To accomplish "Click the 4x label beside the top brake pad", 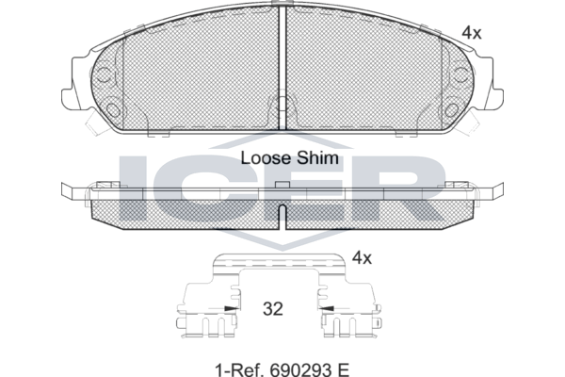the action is click(472, 33).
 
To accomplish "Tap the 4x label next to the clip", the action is click(362, 258).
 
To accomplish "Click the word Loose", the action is click(265, 158).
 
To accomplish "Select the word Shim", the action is click(317, 158).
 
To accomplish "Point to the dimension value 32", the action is click(273, 309).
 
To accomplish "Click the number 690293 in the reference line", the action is click(301, 369).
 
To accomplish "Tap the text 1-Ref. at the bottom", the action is click(240, 369).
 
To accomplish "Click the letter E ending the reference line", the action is click(344, 369).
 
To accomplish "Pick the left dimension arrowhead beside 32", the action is click(231, 308).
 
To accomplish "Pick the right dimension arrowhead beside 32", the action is click(326, 308).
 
